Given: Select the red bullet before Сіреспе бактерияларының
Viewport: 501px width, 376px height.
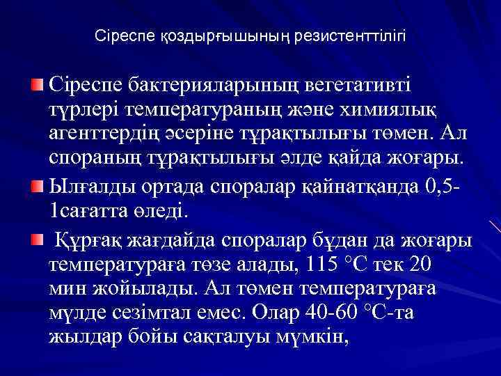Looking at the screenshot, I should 38,85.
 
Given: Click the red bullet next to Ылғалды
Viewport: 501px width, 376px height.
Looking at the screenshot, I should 38,187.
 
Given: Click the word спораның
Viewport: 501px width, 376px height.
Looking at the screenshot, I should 93,162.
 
